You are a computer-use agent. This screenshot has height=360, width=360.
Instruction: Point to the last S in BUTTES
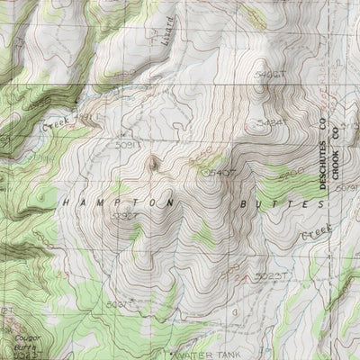click(x=319, y=205)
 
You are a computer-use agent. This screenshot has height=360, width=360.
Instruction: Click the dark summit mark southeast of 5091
click(x=153, y=163)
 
